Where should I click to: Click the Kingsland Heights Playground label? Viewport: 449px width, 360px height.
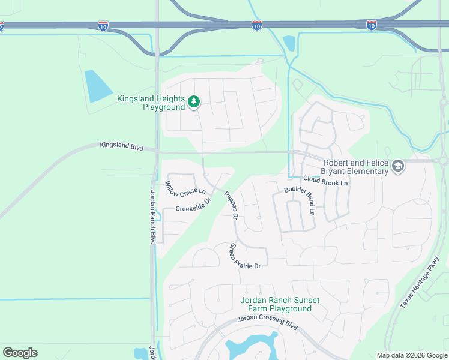[151, 103]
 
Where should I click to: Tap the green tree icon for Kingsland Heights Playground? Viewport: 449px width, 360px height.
[193, 102]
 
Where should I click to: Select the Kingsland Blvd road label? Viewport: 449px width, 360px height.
[121, 146]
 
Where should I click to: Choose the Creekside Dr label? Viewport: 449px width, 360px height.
[193, 205]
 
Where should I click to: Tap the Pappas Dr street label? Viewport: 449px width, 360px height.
[231, 204]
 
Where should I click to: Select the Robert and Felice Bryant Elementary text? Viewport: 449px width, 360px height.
[355, 167]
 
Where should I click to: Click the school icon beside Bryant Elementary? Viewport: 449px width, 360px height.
[397, 166]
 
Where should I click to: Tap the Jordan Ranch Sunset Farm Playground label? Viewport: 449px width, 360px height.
[280, 304]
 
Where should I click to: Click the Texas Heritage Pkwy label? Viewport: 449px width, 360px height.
[420, 283]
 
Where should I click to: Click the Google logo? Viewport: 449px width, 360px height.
[20, 353]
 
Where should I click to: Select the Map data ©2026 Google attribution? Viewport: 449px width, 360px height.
[412, 355]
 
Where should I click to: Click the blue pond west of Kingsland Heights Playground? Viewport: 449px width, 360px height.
[98, 86]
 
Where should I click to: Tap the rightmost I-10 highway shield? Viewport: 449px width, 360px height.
[372, 25]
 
